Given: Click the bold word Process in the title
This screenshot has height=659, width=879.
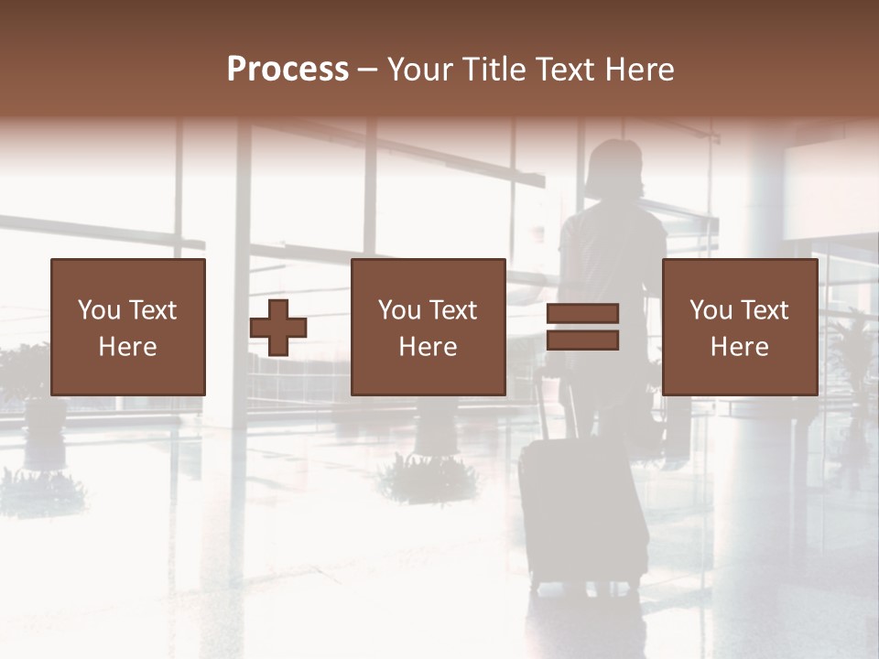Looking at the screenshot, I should coord(288,70).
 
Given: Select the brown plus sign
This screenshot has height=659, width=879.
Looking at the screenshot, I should coord(278,328).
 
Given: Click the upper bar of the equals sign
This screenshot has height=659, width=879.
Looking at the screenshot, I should coord(582,314).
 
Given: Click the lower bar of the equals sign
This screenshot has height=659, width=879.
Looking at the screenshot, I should coord(582,340).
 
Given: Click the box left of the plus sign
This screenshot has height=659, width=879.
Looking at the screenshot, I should coord(127,327).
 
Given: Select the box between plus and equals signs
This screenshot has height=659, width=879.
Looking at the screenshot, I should coord(428,327).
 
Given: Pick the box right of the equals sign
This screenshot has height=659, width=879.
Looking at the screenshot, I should coord(739,327).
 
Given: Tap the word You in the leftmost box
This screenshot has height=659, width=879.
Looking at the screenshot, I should coord(99,310).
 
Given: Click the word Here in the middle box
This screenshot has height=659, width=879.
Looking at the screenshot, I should coord(428,347).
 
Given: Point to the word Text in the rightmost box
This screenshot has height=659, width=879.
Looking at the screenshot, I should coord(765,310).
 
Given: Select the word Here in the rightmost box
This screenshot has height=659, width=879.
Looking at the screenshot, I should coord(739,347).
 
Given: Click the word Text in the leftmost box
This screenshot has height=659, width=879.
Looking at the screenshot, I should coord(152,310).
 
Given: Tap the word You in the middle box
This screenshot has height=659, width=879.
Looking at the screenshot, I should coord(399,310).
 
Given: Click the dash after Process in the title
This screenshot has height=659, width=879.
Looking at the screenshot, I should coord(368,70).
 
